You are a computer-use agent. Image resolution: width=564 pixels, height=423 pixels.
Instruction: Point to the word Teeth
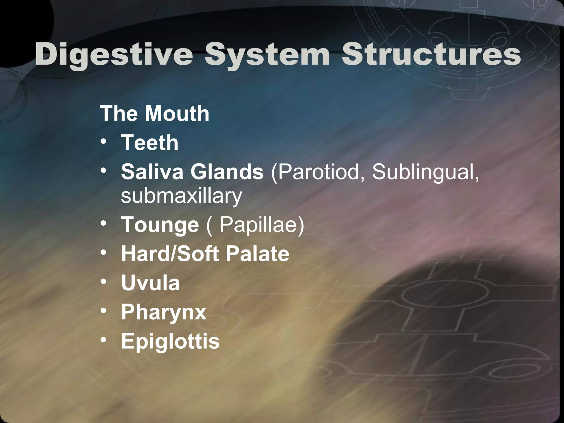click(x=150, y=143)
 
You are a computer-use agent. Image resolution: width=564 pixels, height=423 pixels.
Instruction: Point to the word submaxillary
click(x=181, y=196)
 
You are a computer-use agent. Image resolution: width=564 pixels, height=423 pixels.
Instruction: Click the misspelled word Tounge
click(x=160, y=224)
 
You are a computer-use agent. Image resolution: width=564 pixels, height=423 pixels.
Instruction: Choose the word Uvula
click(x=150, y=283)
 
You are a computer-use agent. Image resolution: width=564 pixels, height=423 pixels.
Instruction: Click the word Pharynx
click(x=164, y=312)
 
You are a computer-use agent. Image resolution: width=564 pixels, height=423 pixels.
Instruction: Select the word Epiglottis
click(x=170, y=341)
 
